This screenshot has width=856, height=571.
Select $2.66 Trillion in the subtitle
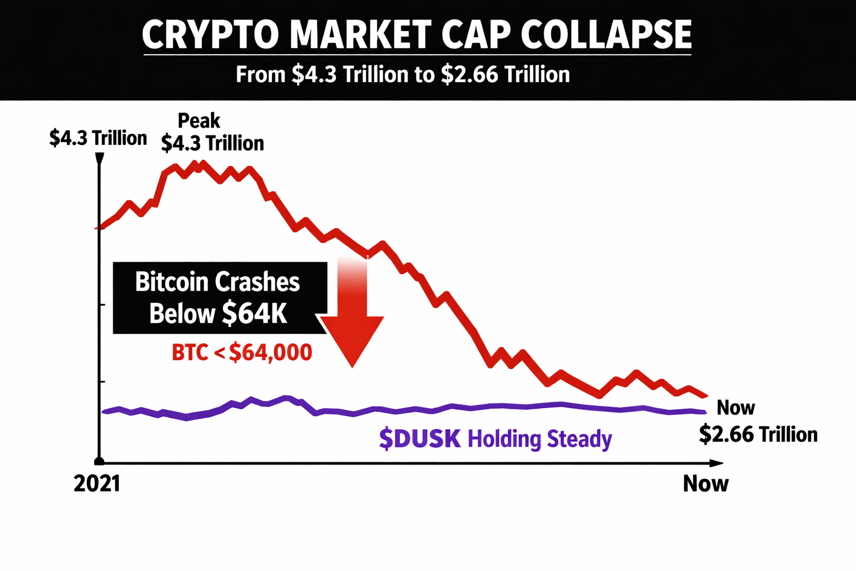pyautogui.click(x=505, y=75)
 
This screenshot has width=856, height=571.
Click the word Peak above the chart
pyautogui.click(x=199, y=121)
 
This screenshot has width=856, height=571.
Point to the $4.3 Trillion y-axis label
pyautogui.click(x=98, y=138)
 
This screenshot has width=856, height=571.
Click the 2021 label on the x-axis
pyautogui.click(x=97, y=483)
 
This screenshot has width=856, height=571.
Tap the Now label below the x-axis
pyautogui.click(x=706, y=483)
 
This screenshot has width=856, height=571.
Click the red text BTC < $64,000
pyautogui.click(x=242, y=352)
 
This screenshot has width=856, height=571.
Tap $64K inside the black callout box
pyautogui.click(x=254, y=313)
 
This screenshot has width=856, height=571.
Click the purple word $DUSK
pyautogui.click(x=420, y=439)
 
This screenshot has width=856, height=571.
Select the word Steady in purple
pyautogui.click(x=579, y=439)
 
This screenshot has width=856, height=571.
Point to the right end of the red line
pyautogui.click(x=706, y=396)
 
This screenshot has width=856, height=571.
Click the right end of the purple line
pyautogui.click(x=705, y=412)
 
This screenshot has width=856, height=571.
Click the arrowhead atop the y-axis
pyautogui.click(x=100, y=158)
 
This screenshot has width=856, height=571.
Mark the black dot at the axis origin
pyautogui.click(x=99, y=461)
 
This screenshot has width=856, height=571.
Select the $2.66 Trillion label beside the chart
pyautogui.click(x=758, y=434)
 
